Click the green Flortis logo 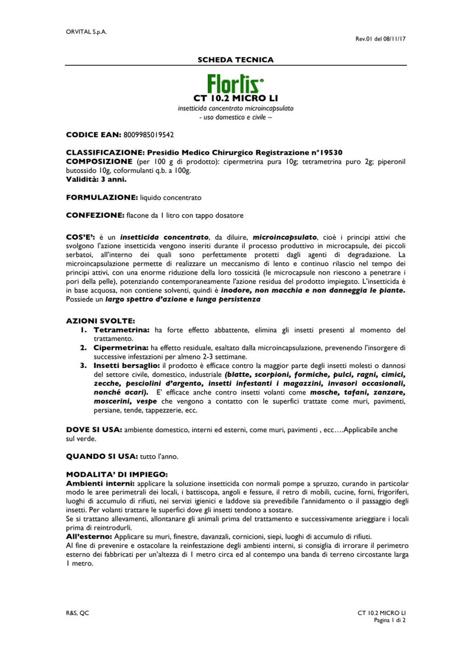click(235, 84)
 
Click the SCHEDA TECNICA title click(236, 59)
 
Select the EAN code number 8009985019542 click(149, 134)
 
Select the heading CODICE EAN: click(93, 134)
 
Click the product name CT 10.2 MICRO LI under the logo click(236, 98)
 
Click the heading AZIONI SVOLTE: click(100, 321)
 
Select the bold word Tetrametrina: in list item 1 click(121, 330)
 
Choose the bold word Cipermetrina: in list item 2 click(121, 348)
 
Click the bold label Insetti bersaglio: click(126, 366)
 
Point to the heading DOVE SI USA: click(94, 430)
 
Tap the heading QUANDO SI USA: click(102, 456)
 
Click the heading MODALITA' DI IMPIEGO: click(117, 474)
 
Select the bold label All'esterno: click(89, 536)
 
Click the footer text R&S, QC click(78, 613)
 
